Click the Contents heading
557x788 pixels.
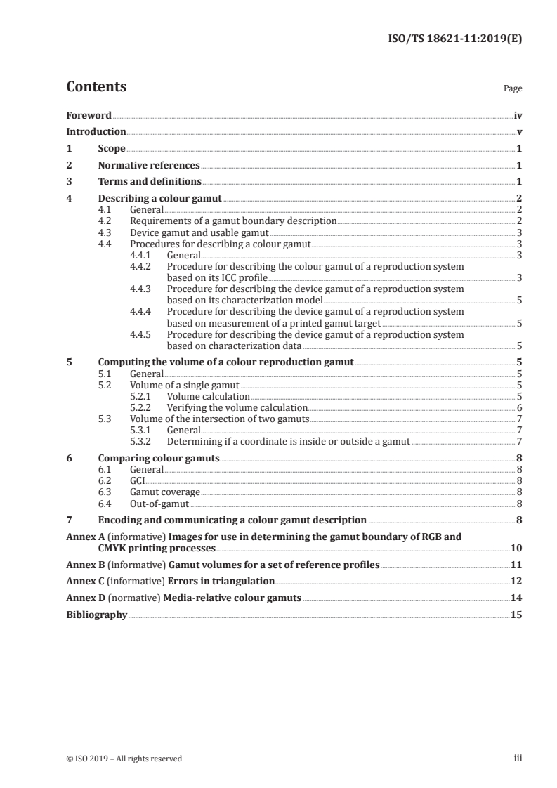[96, 87]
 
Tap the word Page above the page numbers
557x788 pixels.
[513, 89]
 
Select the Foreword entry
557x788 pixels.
[89, 115]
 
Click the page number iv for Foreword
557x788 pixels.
[518, 115]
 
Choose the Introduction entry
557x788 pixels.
[96, 132]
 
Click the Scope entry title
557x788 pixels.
[112, 149]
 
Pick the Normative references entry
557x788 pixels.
[149, 166]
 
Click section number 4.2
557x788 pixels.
[105, 221]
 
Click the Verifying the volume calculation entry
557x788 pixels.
[237, 407]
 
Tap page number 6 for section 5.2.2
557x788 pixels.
[519, 407]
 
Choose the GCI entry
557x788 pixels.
[138, 480]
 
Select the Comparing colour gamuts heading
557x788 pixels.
[159, 458]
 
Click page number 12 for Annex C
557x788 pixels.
[516, 582]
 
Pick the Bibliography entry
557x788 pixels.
[96, 615]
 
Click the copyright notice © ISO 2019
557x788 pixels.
[124, 759]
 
